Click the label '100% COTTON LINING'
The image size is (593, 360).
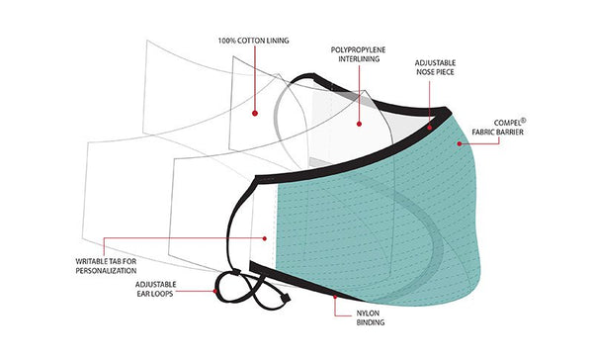pyautogui.click(x=253, y=41)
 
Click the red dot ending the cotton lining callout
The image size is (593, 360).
pyautogui.click(x=254, y=113)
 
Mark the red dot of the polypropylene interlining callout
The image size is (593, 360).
pyautogui.click(x=358, y=125)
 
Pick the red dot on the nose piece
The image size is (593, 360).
pyautogui.click(x=430, y=127)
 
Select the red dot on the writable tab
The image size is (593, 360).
pyautogui.click(x=265, y=237)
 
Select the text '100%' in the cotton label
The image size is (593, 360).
pyautogui.click(x=227, y=41)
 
